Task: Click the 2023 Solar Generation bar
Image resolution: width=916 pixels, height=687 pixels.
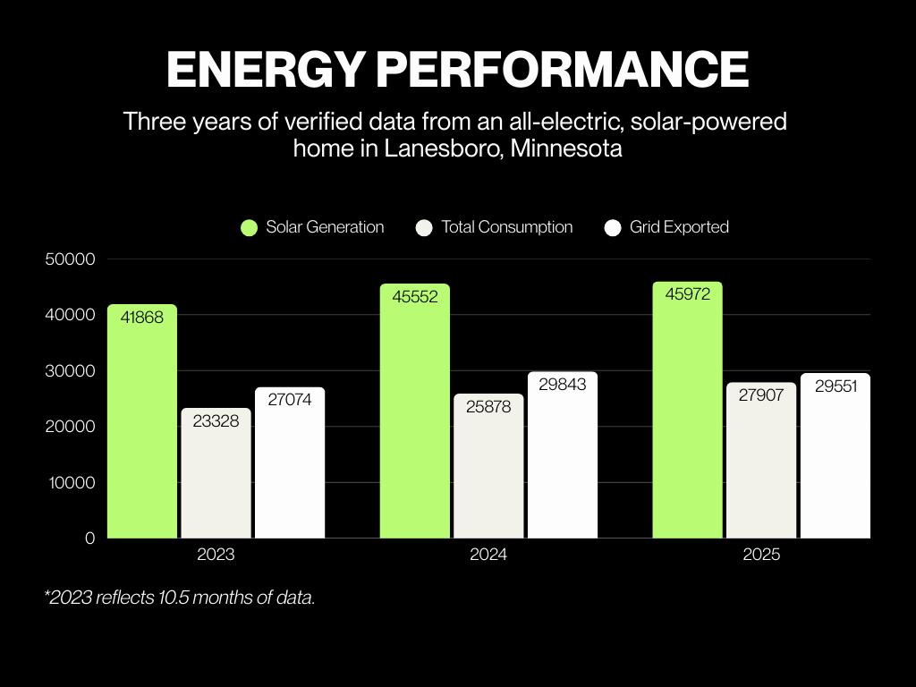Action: point(142,429)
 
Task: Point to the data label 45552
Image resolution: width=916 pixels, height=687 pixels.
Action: point(415,297)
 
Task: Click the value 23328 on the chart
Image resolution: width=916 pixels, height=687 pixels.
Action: point(216,420)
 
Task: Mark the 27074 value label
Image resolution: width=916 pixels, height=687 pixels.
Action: point(290,400)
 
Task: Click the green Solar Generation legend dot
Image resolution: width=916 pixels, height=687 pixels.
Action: point(250,228)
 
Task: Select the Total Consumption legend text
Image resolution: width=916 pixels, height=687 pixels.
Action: point(506,227)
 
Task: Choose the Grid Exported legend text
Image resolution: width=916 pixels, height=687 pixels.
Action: point(679,227)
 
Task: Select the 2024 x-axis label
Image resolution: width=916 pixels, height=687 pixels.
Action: point(488,555)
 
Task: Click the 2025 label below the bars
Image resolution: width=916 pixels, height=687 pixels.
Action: point(761,555)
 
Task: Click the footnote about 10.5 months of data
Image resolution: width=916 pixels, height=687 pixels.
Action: point(179,598)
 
